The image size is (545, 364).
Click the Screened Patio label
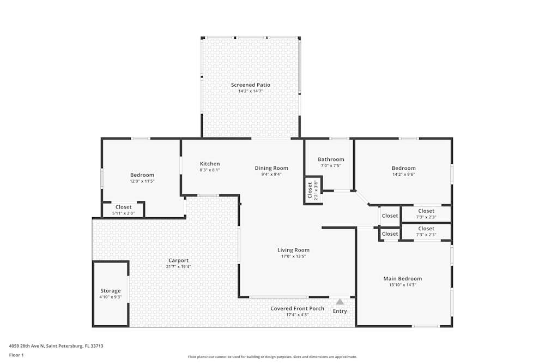(x=250, y=85)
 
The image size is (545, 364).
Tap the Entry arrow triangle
(x=340, y=301)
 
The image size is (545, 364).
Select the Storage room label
(x=110, y=291)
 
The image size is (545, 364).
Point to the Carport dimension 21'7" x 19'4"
(x=178, y=267)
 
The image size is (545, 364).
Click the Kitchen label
(x=210, y=164)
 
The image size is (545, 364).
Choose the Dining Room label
(x=271, y=168)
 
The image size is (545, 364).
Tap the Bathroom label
(x=331, y=159)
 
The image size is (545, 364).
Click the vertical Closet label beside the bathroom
(x=310, y=190)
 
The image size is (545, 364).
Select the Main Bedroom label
(x=402, y=278)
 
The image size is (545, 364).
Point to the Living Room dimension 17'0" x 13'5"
(x=293, y=256)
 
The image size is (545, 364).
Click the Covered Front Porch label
(x=297, y=308)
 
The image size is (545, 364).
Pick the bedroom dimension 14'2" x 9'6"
(x=403, y=175)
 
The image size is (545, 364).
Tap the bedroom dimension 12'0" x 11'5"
(x=142, y=181)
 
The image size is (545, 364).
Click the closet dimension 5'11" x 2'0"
(x=123, y=213)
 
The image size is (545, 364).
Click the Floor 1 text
(x=16, y=355)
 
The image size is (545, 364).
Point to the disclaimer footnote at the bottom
(x=272, y=356)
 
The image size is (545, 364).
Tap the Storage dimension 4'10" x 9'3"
(x=110, y=297)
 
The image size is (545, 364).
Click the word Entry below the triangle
(x=340, y=311)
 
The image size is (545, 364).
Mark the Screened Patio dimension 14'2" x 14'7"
(x=250, y=91)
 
